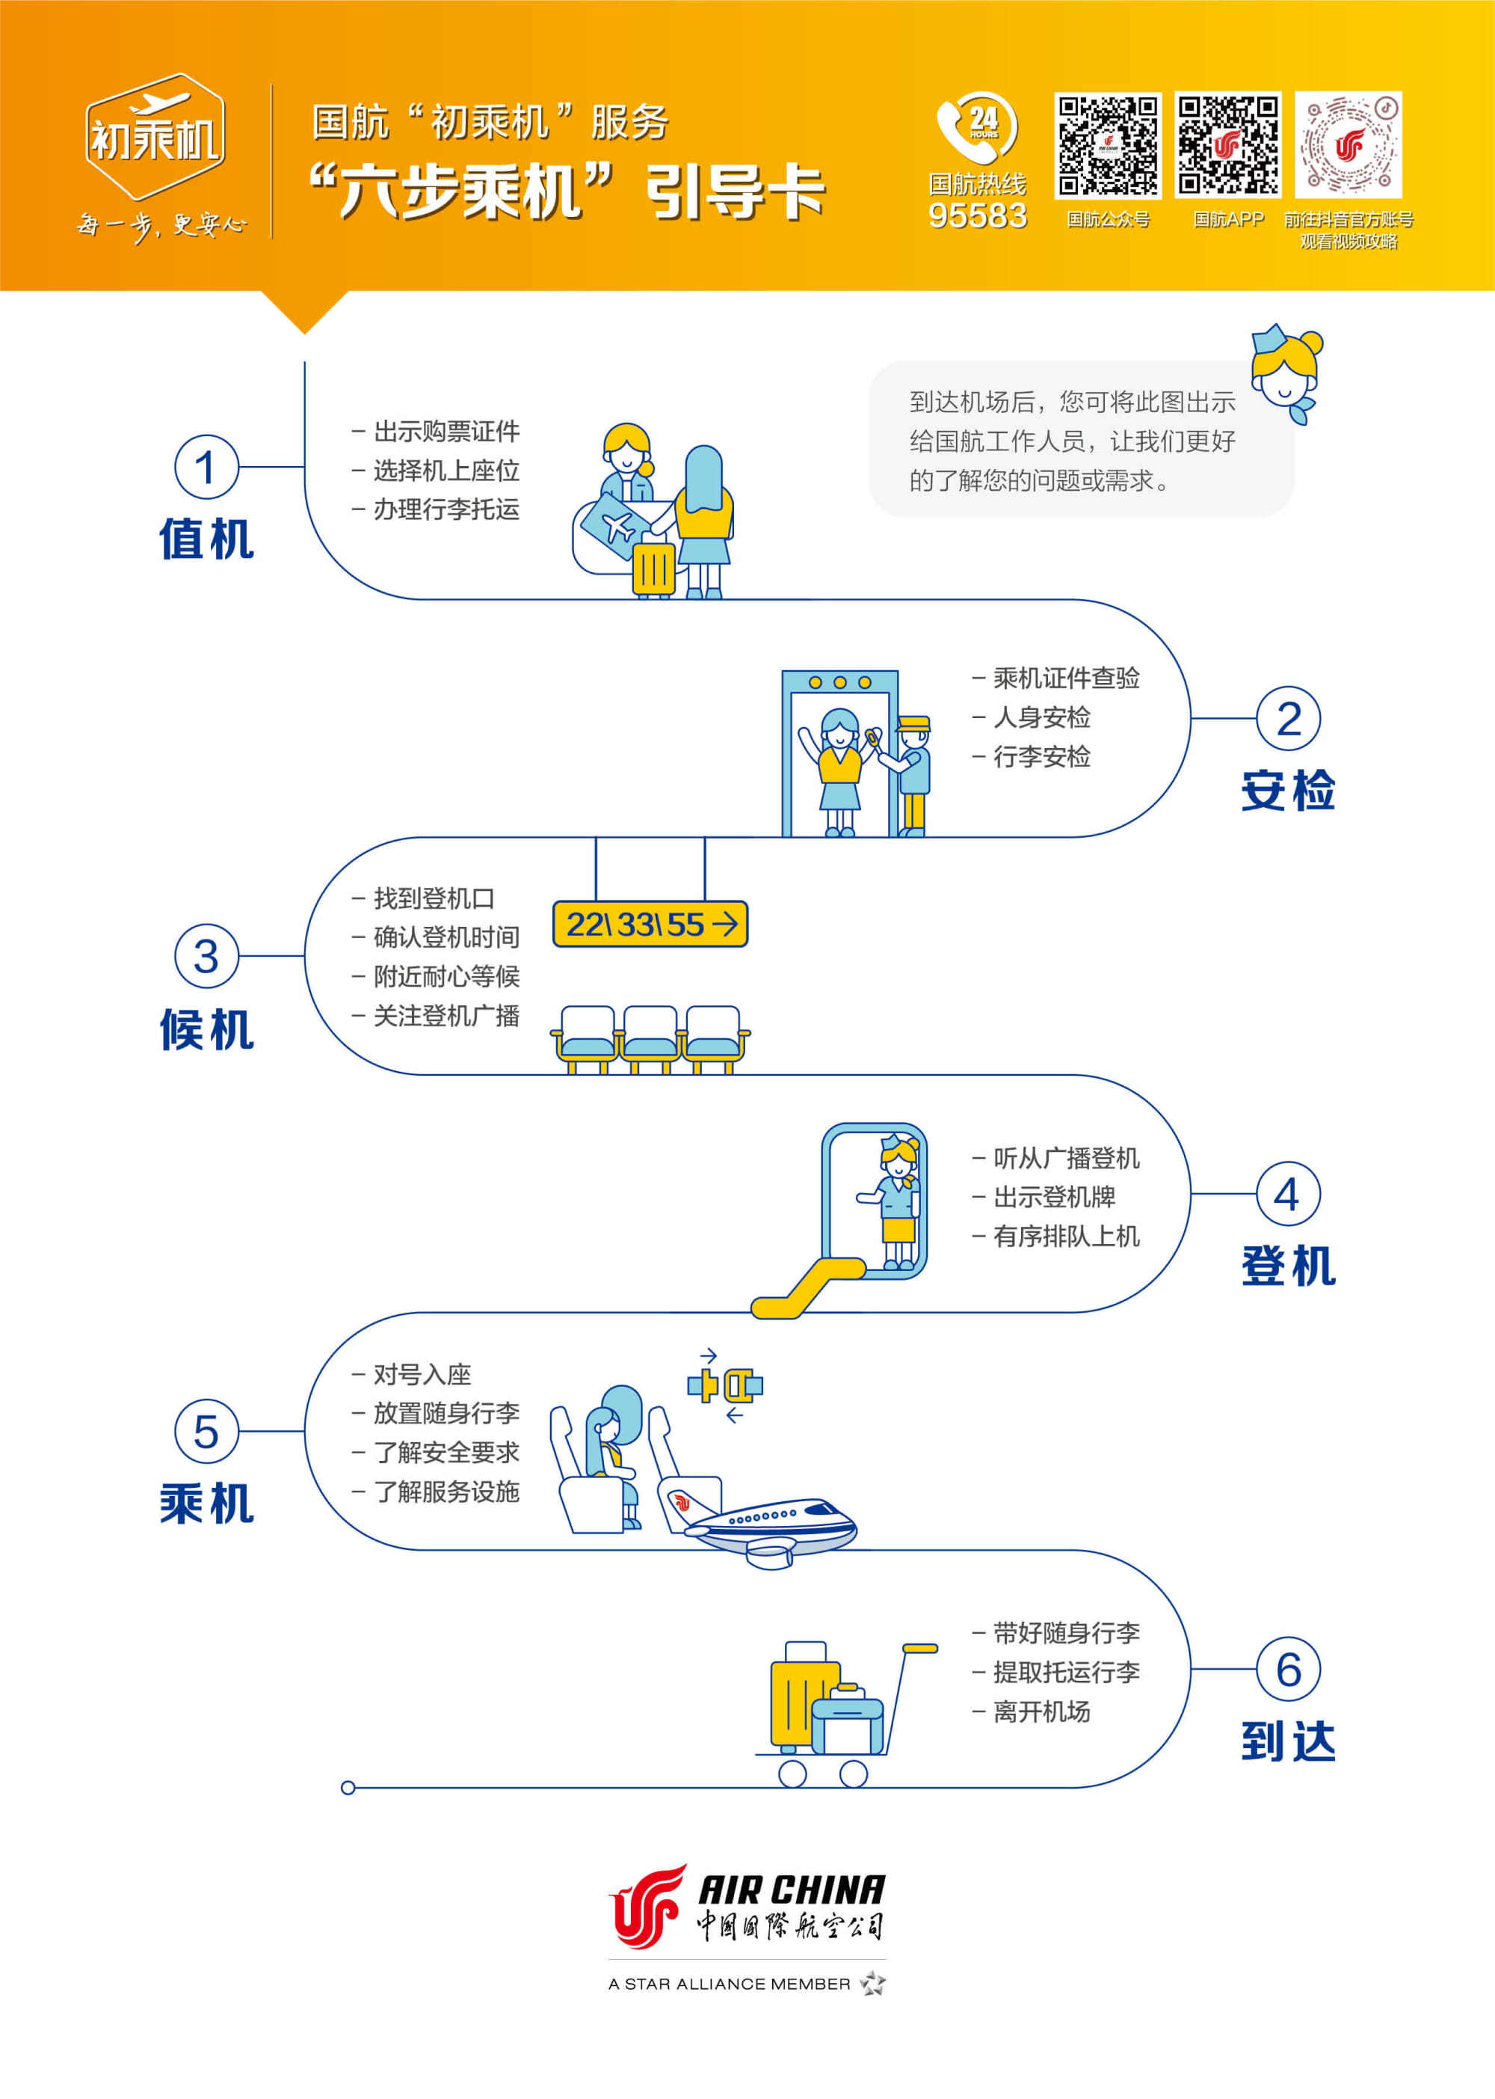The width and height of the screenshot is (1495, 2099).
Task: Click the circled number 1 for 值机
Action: (206, 467)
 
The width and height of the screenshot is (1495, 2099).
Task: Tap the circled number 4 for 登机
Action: (1288, 1194)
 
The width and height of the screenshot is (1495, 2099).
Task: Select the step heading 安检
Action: (1288, 790)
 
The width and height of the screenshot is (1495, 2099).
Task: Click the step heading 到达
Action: (1288, 1741)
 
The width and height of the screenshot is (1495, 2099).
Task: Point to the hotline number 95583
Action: (978, 215)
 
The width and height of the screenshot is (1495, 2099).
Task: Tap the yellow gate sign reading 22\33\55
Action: (650, 924)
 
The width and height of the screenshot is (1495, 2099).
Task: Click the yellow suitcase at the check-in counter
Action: (653, 569)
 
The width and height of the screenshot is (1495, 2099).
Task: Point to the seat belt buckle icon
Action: (724, 1385)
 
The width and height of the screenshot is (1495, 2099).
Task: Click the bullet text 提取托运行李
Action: (1066, 1672)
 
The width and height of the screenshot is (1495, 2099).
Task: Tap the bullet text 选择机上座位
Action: (446, 471)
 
